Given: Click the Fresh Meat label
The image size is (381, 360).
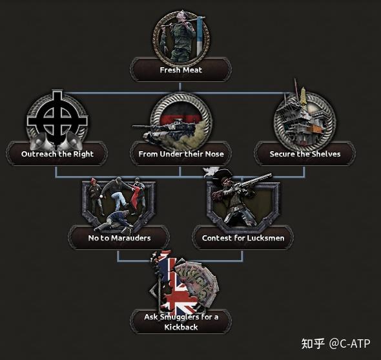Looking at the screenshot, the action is (x=181, y=70).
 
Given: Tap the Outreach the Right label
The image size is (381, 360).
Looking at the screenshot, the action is (x=57, y=154).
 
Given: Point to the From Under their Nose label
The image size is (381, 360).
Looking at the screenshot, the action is (x=181, y=154).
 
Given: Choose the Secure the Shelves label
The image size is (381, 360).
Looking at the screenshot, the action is (x=305, y=154).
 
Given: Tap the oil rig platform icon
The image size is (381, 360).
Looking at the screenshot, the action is (x=302, y=117).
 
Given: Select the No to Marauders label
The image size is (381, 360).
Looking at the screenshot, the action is (x=119, y=238).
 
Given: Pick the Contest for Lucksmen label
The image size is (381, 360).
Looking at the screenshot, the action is (x=243, y=238).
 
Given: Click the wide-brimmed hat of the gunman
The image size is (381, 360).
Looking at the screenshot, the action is (x=222, y=176).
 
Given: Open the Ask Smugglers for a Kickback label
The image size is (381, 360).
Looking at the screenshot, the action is (x=181, y=322).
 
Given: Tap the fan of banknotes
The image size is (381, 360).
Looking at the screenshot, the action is (x=197, y=282).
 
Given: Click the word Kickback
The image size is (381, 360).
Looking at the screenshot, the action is (x=181, y=327).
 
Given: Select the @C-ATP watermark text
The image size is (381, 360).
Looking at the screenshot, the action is (x=349, y=343).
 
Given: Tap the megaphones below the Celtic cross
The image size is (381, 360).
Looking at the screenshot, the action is (x=56, y=142).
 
